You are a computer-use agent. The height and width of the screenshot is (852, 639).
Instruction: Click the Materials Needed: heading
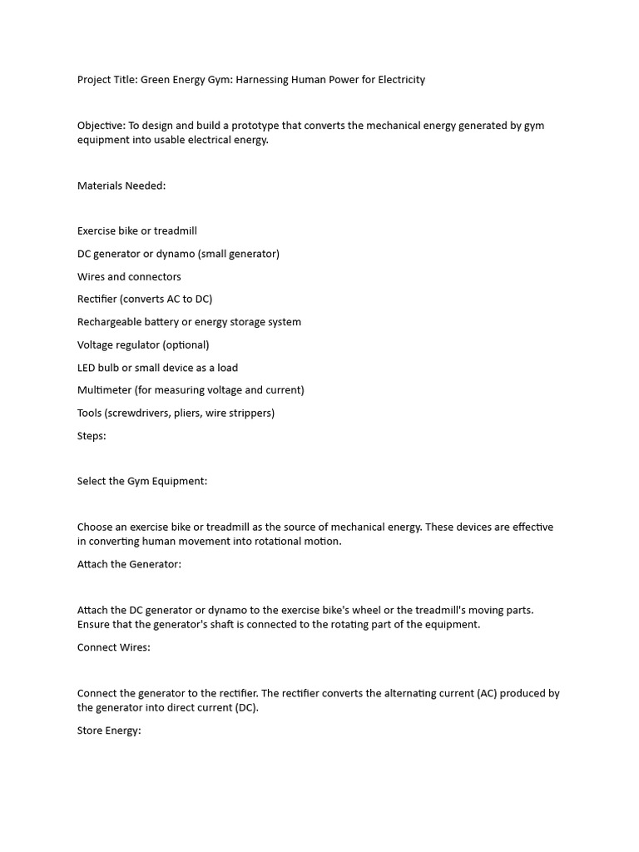point(121,186)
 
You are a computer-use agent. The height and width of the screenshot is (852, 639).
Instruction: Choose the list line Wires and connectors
point(129,276)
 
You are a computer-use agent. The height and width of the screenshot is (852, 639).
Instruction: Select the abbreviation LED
point(87,368)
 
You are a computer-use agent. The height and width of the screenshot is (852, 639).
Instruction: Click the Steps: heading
point(92,436)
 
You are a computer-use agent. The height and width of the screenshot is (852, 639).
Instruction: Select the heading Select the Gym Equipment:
point(142,481)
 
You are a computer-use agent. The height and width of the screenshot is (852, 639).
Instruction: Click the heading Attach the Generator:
point(129,564)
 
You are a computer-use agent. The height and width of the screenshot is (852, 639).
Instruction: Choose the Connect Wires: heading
point(114,647)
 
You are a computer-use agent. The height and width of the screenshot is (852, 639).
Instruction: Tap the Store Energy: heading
point(109,731)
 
